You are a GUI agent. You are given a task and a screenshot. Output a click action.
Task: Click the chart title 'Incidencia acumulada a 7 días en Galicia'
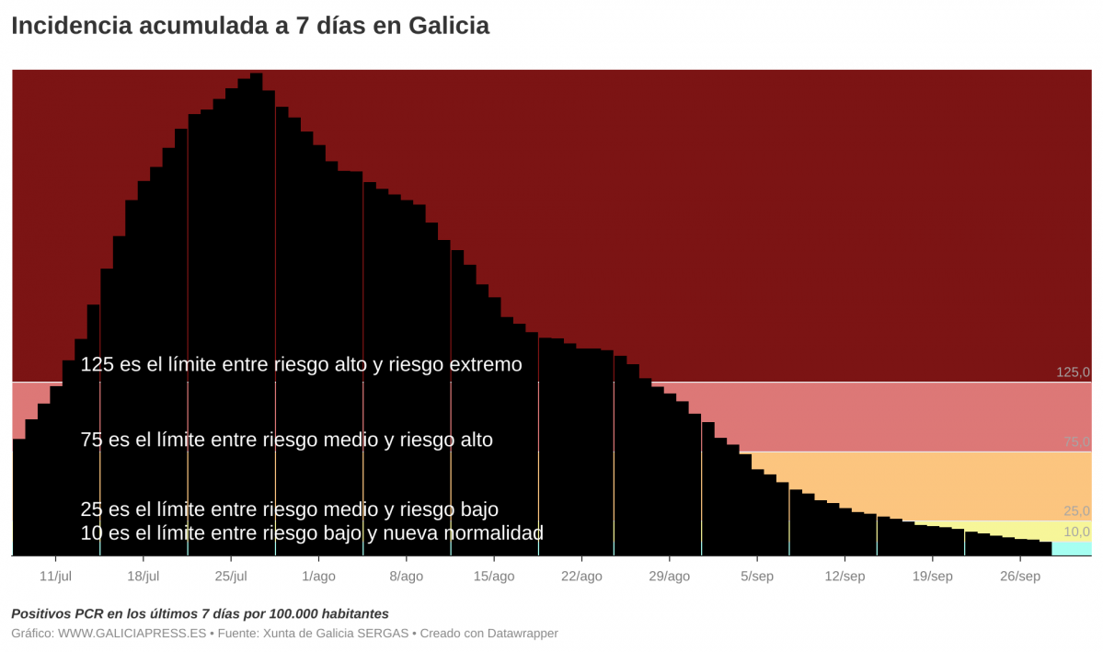pyautogui.click(x=250, y=26)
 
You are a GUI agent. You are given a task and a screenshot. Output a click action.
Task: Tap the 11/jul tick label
pyautogui.click(x=55, y=577)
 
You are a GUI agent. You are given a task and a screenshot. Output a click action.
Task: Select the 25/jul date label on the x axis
pyautogui.click(x=231, y=577)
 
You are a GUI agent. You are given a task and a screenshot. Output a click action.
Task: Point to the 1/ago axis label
pyautogui.click(x=318, y=577)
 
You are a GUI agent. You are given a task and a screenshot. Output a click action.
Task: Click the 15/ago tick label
pyautogui.click(x=494, y=577)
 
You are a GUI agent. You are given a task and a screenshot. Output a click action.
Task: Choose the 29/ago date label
pyautogui.click(x=669, y=577)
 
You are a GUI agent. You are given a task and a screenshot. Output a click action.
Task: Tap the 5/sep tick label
pyautogui.click(x=756, y=577)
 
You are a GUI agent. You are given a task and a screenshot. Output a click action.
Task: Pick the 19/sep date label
pyautogui.click(x=932, y=577)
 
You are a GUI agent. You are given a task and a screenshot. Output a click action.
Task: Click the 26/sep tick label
pyautogui.click(x=1019, y=577)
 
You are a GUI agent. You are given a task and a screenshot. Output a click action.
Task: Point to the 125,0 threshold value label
pyautogui.click(x=1073, y=372)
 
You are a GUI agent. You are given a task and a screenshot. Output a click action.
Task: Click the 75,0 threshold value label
pyautogui.click(x=1076, y=442)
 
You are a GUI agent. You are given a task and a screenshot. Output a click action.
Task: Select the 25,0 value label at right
pyautogui.click(x=1076, y=511)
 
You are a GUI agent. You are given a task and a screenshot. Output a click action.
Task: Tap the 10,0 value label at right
pyautogui.click(x=1076, y=532)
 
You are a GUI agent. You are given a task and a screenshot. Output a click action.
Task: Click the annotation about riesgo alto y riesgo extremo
pyautogui.click(x=301, y=365)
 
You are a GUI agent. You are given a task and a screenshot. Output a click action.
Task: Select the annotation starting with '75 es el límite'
pyautogui.click(x=286, y=440)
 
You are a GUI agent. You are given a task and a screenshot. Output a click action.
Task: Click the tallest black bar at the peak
pyautogui.click(x=256, y=313)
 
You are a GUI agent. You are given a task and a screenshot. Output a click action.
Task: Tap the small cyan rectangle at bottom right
pyautogui.click(x=1071, y=549)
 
